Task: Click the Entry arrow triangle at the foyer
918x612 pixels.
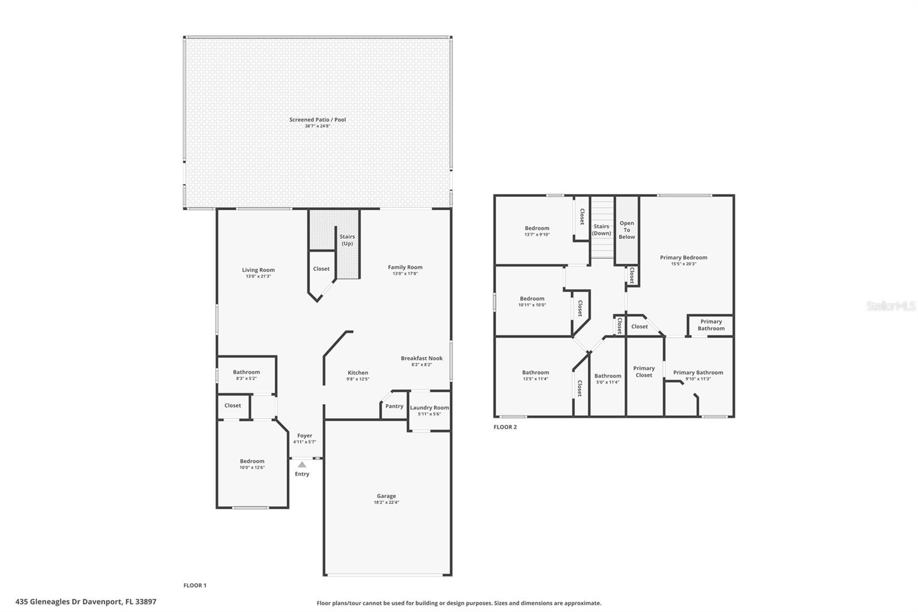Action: point(302,464)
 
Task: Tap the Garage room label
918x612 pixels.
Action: point(387,496)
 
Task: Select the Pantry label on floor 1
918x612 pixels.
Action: point(394,406)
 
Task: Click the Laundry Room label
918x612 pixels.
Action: point(430,408)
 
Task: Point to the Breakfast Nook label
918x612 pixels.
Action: point(422,358)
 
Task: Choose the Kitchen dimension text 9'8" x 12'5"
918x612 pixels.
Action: point(358,379)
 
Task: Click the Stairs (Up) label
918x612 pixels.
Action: point(347,240)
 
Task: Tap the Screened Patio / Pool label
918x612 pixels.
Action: point(318,120)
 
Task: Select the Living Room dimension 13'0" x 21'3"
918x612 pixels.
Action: point(258,277)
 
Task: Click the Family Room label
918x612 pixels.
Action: point(405,267)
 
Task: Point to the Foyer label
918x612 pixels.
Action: point(305,436)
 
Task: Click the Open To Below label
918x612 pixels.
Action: point(627,230)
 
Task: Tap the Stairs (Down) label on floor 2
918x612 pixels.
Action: point(601,230)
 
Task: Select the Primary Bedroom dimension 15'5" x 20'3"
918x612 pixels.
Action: point(683,264)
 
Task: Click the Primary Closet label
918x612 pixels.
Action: point(644,371)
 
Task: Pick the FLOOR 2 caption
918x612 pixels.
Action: point(505,427)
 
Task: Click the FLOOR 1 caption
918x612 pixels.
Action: point(195,586)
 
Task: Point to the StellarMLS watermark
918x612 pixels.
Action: point(891,306)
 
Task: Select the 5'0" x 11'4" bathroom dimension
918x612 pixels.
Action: point(608,382)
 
